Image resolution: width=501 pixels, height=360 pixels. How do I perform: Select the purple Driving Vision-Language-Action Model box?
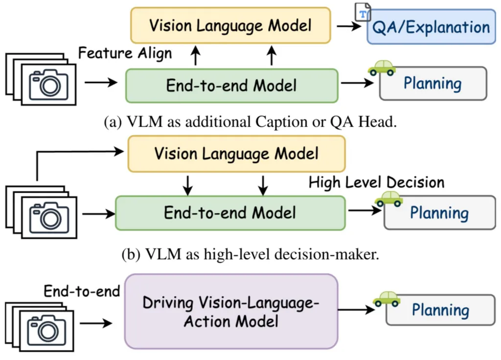(x=231, y=312)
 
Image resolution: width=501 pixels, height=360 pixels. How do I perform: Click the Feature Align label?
(x=125, y=53)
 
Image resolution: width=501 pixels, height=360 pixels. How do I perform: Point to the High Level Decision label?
(x=376, y=182)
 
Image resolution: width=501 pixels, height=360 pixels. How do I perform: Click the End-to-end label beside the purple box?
(x=82, y=292)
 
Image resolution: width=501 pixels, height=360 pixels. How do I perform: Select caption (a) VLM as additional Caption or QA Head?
(x=250, y=122)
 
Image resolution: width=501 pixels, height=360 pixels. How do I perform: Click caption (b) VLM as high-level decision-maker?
(x=250, y=254)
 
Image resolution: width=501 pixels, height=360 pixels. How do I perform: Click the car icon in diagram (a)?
(x=382, y=68)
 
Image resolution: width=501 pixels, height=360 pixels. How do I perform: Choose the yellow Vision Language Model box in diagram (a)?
(x=230, y=25)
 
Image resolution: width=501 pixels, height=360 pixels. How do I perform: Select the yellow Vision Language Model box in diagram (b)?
(x=236, y=154)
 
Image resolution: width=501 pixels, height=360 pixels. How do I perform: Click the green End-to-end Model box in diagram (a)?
(x=231, y=86)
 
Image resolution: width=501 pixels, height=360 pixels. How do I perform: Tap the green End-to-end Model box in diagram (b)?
(x=230, y=213)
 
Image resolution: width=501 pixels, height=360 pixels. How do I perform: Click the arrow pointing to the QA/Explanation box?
(x=348, y=26)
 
